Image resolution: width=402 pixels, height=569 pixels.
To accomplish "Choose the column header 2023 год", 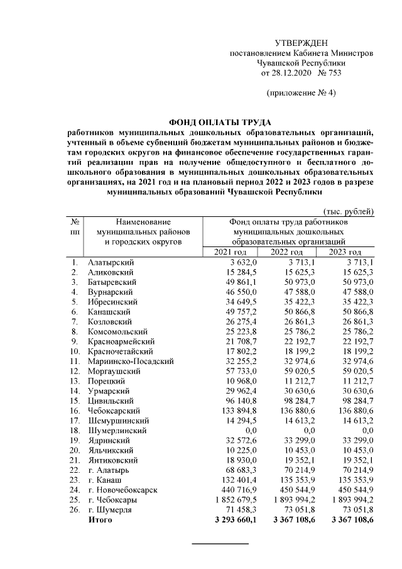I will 345,252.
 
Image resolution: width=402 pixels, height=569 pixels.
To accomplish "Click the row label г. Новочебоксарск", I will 122,489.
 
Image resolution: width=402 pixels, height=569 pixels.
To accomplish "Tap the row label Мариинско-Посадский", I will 131,361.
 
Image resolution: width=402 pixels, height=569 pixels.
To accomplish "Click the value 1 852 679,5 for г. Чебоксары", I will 233,499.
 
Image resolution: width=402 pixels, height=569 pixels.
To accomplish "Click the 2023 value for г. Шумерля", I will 357,509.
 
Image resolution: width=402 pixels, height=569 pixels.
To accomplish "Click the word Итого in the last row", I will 100,519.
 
